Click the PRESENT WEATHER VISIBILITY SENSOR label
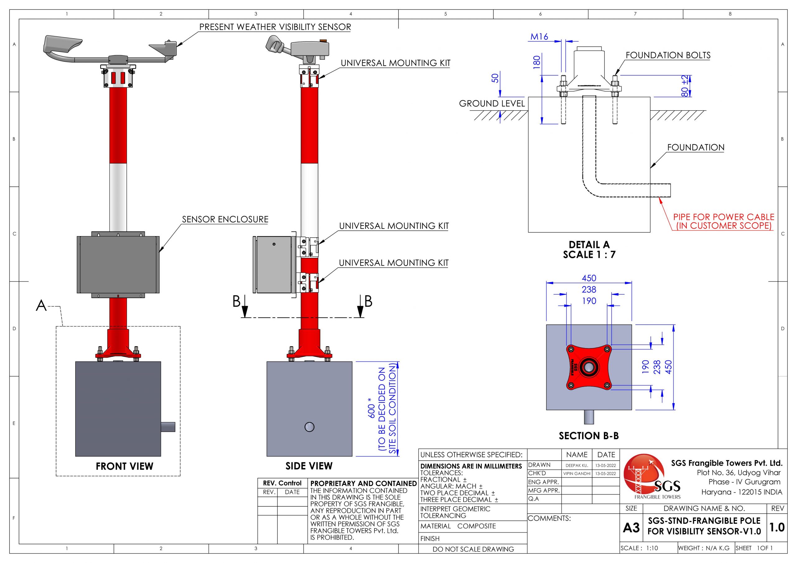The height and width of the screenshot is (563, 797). pos(275,27)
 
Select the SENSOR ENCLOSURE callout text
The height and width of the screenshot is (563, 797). pos(225,220)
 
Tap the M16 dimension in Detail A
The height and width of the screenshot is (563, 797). pos(539,36)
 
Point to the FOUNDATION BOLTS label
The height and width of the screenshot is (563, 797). pos(668,55)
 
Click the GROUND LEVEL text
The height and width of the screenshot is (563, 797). pos(492,103)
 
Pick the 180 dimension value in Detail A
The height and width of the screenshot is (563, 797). pos(537,62)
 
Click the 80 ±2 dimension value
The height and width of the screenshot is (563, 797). pos(684,86)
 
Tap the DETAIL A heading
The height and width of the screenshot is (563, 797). pos(589,244)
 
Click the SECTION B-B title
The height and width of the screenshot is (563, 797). pos(589,436)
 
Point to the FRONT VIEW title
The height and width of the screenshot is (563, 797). pos(124,466)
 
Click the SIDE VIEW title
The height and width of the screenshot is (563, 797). pos(309,466)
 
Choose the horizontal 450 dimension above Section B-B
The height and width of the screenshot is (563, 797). pos(589,278)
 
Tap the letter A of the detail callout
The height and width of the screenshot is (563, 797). pos(41,306)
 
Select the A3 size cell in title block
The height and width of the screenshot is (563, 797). pos(631,528)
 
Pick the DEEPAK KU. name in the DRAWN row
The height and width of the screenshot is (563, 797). pos(577,466)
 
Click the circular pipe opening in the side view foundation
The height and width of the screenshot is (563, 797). pos(309,427)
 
